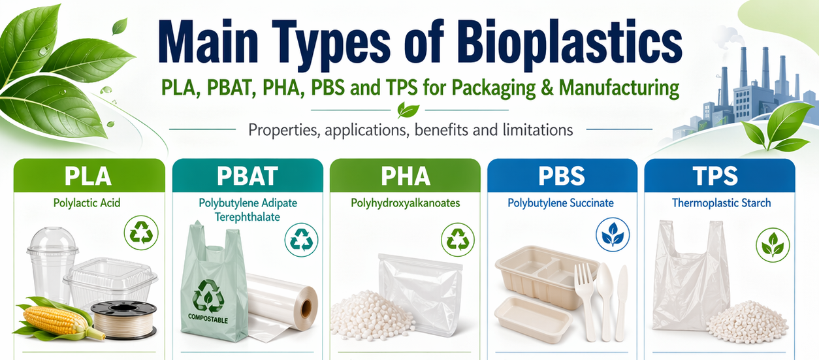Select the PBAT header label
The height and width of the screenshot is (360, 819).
point(248,176)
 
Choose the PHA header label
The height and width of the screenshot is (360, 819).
point(406,176)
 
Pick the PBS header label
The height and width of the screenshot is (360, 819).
point(561,176)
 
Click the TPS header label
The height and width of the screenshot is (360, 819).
point(716,176)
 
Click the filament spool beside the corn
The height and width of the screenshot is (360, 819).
point(123,319)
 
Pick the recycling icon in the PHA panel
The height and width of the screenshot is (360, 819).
point(458,239)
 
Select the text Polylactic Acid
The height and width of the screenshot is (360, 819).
point(88,203)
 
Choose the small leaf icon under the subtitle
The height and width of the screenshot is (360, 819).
point(409,110)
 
